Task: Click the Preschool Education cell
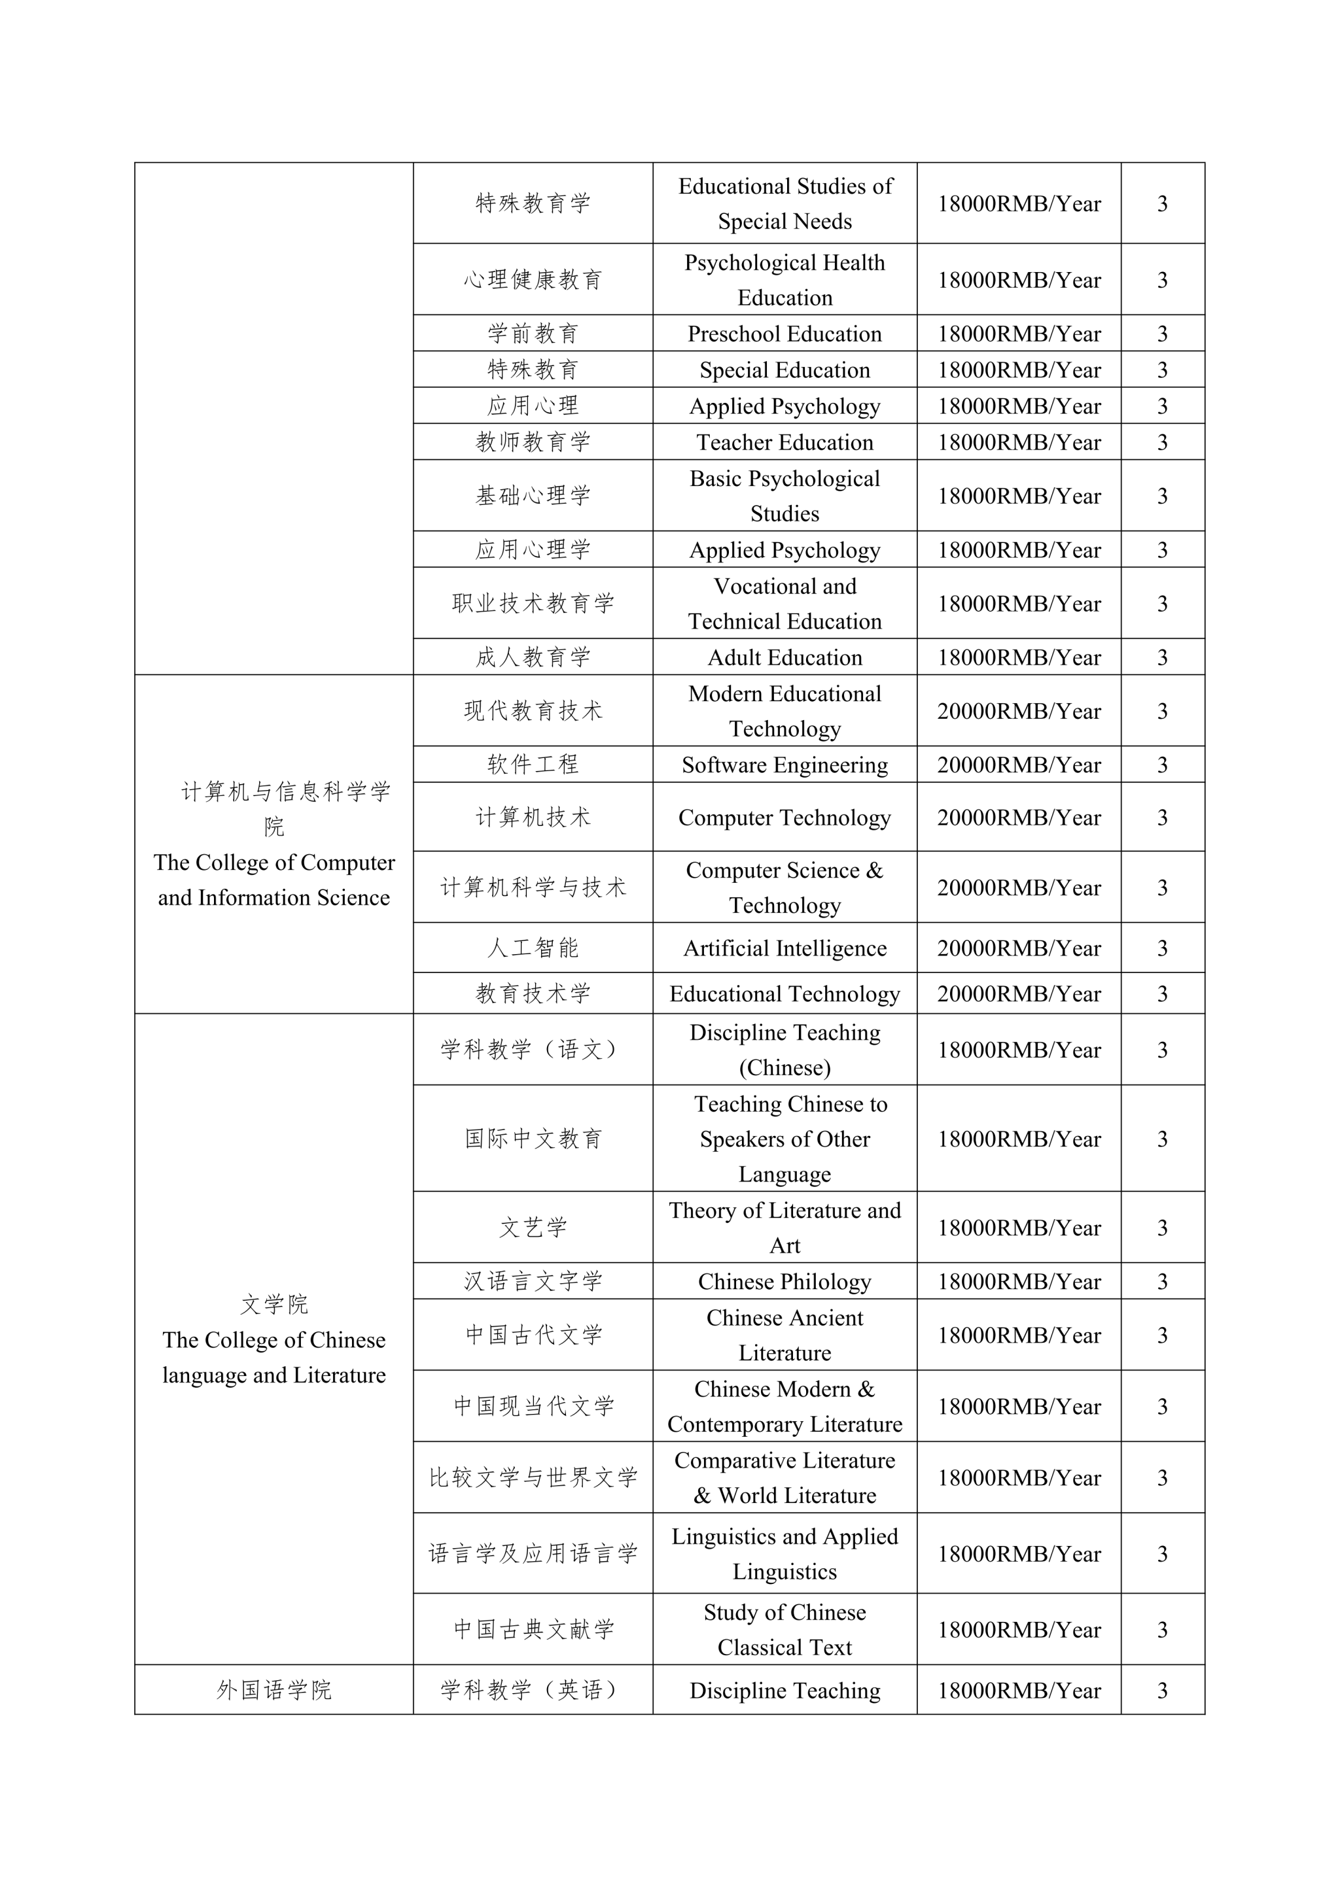[x=784, y=334]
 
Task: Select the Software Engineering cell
[x=784, y=765]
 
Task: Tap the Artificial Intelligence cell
[x=784, y=948]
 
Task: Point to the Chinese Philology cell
[x=784, y=1281]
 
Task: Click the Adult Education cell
[x=784, y=657]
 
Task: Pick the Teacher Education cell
[x=784, y=442]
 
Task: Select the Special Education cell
[x=784, y=370]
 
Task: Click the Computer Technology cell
[x=784, y=818]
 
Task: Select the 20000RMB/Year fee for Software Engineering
[x=1018, y=765]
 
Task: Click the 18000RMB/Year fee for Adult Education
[x=1018, y=657]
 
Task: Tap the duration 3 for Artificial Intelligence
[x=1162, y=948]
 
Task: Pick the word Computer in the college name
[x=348, y=863]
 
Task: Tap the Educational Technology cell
[x=784, y=994]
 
